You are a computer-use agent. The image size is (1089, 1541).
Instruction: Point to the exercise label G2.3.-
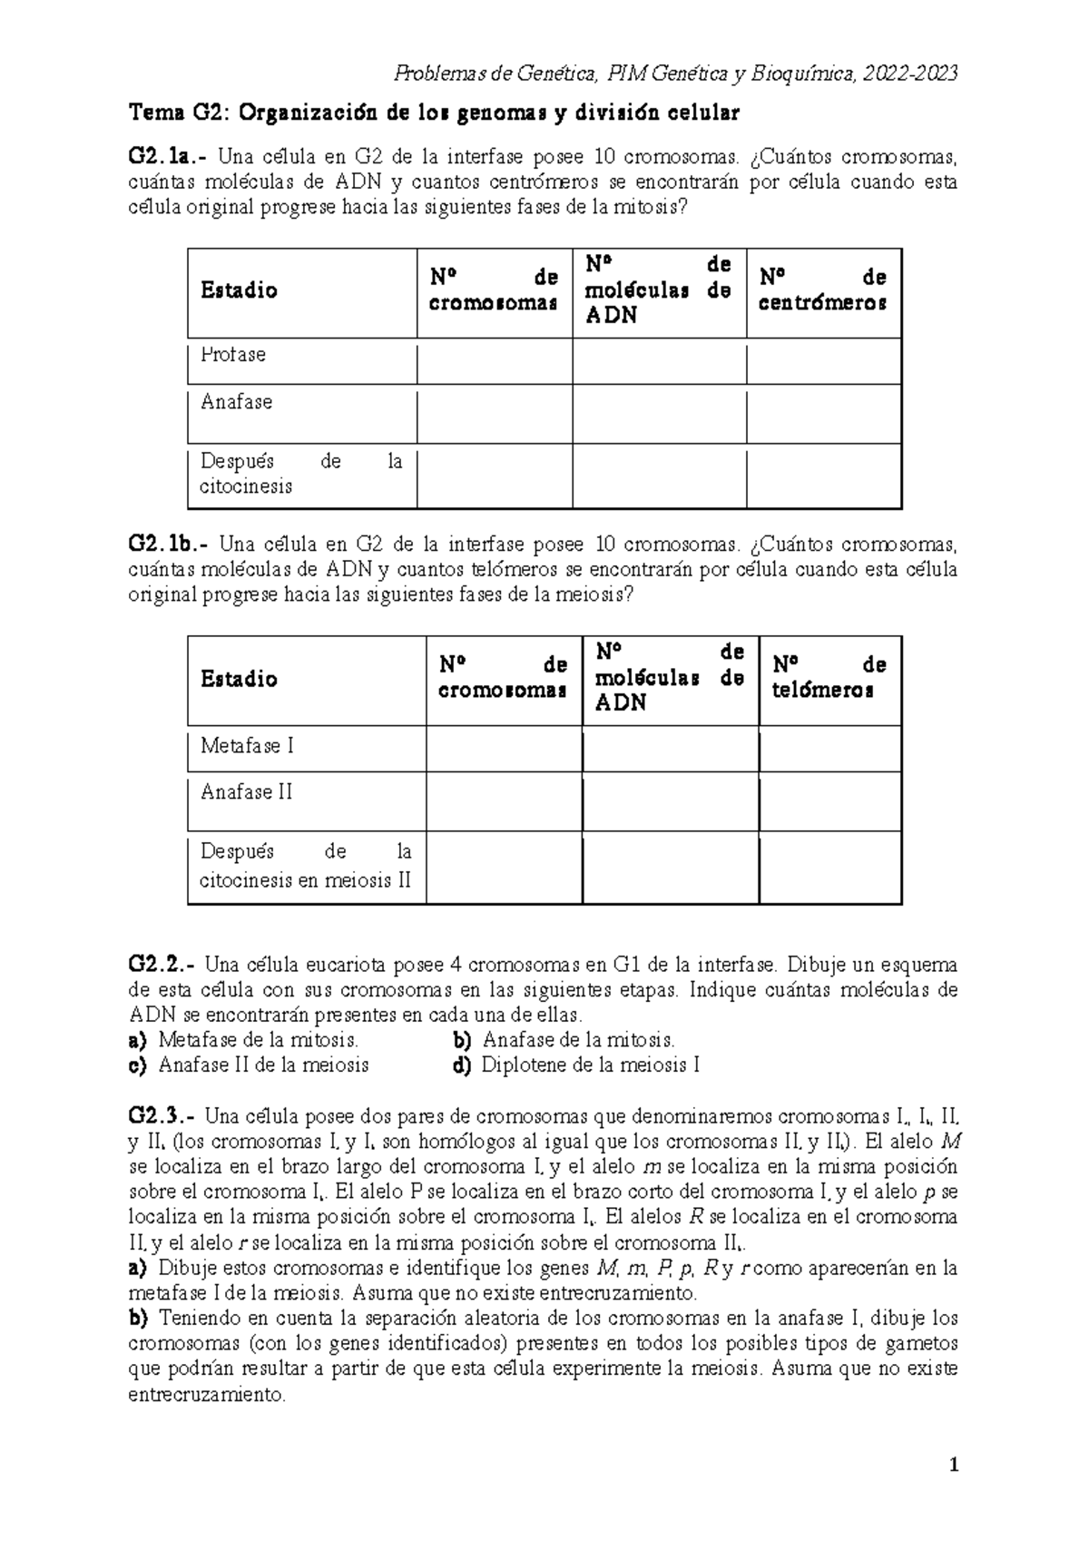pos(162,1115)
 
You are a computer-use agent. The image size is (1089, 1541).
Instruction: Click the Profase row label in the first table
pos(233,355)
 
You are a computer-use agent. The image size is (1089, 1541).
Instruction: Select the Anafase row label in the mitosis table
pos(236,402)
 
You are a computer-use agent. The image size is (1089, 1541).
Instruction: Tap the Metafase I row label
pos(247,746)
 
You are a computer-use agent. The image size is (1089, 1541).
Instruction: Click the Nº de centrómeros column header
pos(822,290)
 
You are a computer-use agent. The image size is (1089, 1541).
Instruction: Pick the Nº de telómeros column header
pos(829,678)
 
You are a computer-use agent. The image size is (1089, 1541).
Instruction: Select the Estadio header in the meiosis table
pos(239,679)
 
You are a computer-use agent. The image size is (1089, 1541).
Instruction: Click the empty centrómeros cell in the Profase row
pos(823,361)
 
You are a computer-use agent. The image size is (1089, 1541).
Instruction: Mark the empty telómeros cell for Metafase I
pos(829,749)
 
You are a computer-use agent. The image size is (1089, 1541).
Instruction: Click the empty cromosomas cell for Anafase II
pos(504,801)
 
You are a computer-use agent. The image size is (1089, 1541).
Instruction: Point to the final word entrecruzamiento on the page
pos(207,1395)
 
